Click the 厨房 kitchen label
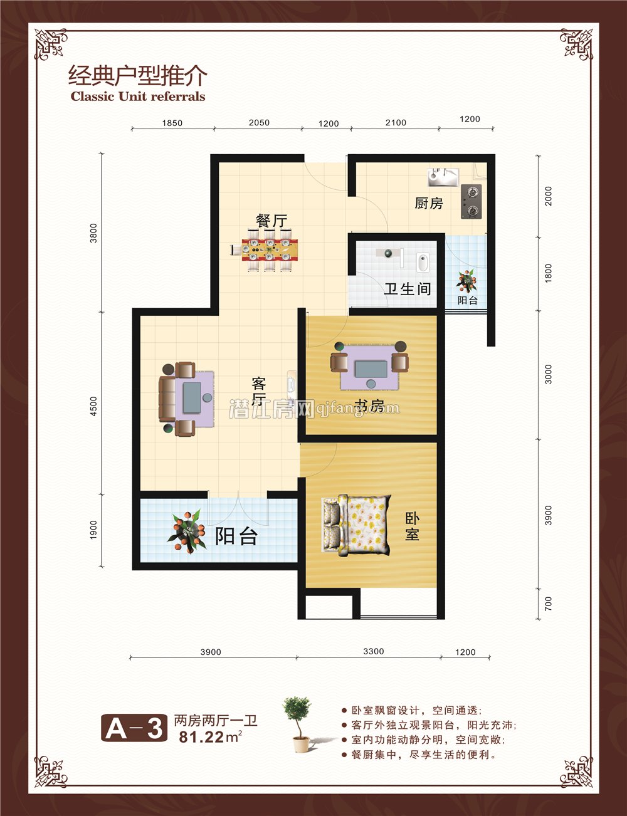point(429,203)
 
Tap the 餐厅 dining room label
point(271,221)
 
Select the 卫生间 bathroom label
point(408,289)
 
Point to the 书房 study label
point(370,406)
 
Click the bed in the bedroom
point(357,525)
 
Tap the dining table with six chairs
point(270,249)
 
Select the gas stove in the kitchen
point(472,201)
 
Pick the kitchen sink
point(443,177)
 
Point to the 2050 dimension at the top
point(259,123)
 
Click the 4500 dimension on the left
point(93,406)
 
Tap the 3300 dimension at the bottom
point(374,651)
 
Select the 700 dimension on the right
point(549,604)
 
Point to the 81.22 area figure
point(201,737)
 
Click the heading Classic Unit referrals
point(138,97)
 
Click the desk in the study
point(371,369)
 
